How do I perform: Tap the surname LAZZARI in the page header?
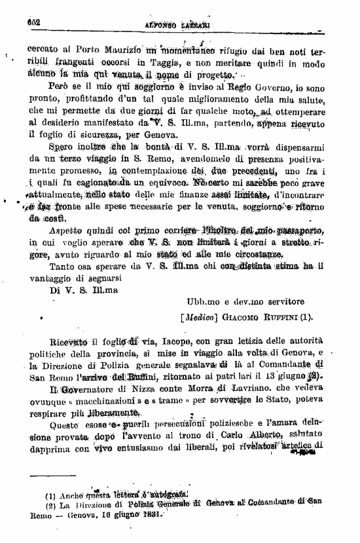200,23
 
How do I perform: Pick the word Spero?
62,148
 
